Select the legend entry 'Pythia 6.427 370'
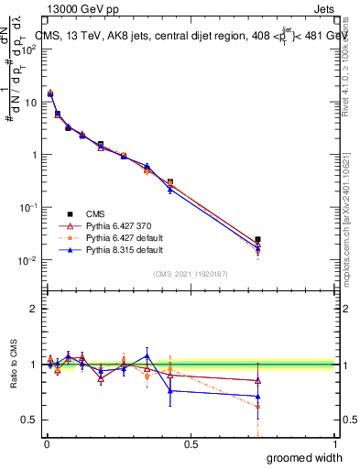[x=115, y=224]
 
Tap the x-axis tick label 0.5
[x=191, y=443]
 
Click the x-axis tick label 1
[x=334, y=443]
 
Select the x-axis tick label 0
[x=46, y=443]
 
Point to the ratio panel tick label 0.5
[x=27, y=420]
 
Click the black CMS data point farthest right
[x=258, y=239]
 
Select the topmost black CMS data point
[x=50, y=93]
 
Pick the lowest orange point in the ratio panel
[x=258, y=407]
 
